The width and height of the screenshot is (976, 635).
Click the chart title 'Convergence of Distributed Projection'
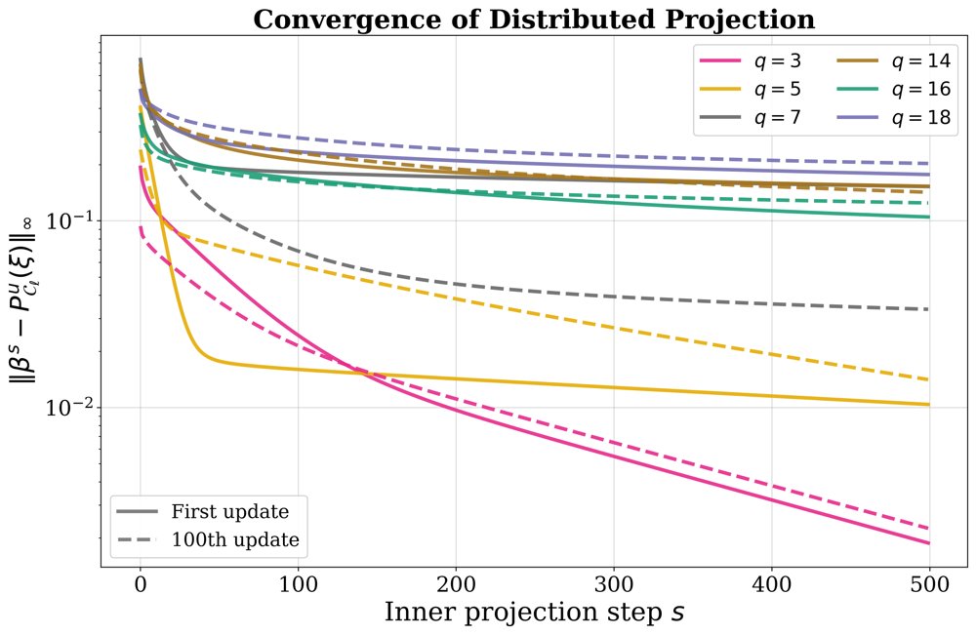(534, 20)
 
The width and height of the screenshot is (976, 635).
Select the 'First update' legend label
(230, 511)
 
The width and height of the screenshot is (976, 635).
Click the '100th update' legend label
(235, 539)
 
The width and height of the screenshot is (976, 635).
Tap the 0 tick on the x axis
(140, 584)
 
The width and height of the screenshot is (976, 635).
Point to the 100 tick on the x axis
(298, 584)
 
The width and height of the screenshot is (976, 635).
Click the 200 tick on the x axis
(456, 584)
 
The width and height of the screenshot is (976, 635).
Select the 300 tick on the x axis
(614, 584)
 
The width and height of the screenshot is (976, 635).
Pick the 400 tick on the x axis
(772, 584)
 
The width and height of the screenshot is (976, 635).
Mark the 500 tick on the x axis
(929, 584)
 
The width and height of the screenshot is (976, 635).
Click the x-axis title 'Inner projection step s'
(534, 613)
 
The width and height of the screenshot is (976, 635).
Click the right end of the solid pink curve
(929, 543)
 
